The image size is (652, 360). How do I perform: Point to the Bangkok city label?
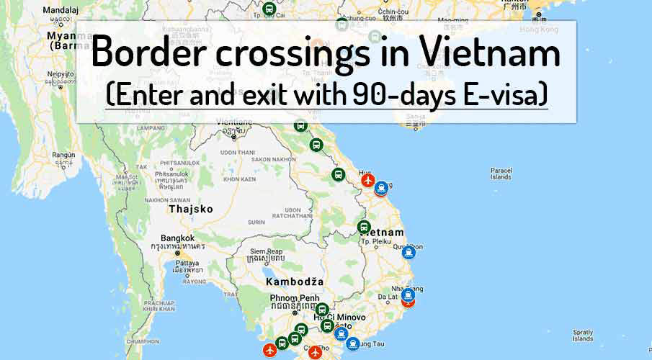pos(177,238)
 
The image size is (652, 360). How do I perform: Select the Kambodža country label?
pos(294,281)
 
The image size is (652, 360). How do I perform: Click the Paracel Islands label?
pos(500,174)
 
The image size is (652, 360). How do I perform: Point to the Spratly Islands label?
pos(582,335)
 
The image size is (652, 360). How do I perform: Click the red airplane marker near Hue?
pos(368,179)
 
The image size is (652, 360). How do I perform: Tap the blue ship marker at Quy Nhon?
pos(408,252)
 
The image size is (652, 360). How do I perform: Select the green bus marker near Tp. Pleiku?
pos(365,227)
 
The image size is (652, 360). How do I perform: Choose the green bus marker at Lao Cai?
pos(269,9)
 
